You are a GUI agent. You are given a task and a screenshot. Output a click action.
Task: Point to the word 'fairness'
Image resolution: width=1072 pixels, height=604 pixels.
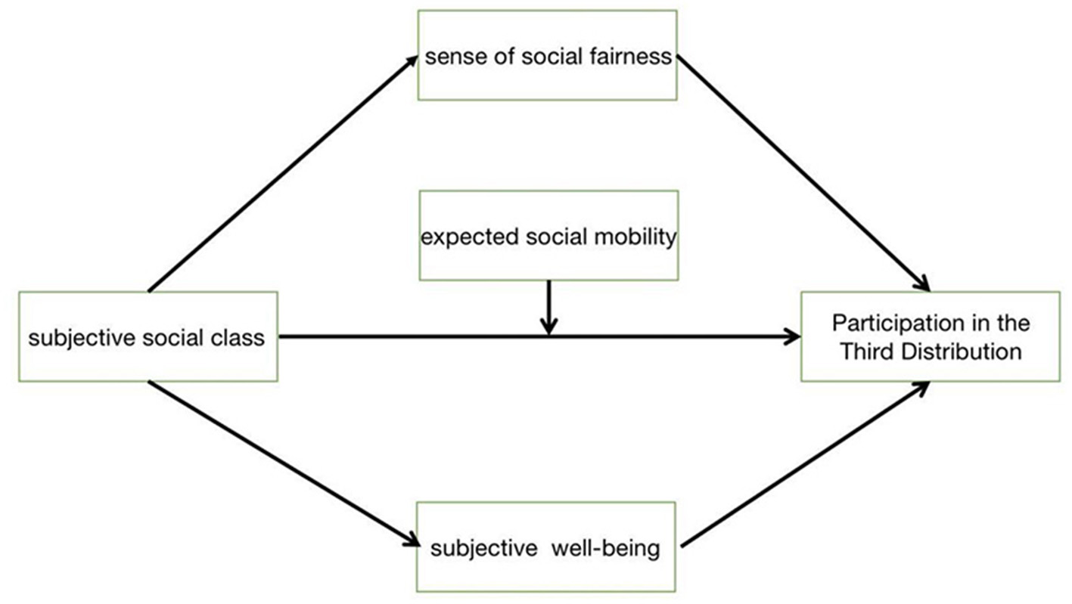tap(634, 57)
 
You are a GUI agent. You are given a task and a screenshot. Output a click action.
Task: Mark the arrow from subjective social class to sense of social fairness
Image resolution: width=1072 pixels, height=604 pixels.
tap(284, 173)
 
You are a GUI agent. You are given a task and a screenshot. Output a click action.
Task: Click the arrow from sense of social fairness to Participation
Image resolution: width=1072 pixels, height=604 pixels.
tap(802, 173)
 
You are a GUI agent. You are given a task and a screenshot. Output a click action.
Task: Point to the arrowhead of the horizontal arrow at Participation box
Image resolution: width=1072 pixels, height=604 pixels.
tap(794, 336)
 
